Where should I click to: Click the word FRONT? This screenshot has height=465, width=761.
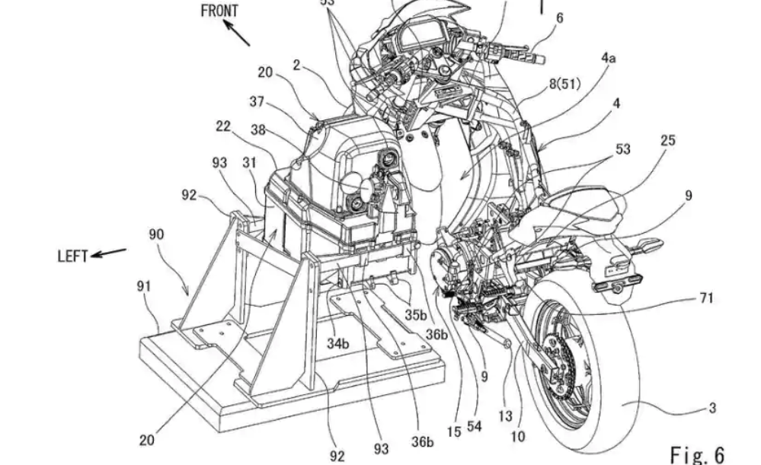(219, 11)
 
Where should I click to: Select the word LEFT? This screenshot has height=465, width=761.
(73, 256)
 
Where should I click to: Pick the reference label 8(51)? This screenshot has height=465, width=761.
(564, 84)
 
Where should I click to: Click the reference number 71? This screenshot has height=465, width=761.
(706, 298)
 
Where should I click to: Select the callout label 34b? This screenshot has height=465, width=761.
(338, 344)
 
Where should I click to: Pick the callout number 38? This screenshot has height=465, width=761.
(258, 130)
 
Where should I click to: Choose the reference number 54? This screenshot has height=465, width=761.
(475, 428)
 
